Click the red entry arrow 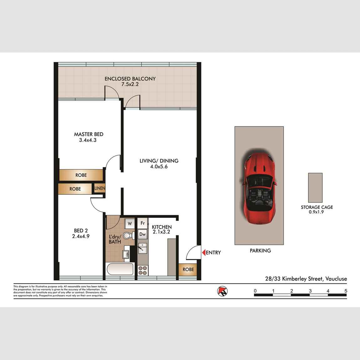203,252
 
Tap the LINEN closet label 100,188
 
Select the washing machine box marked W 130,224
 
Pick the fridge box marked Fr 142,223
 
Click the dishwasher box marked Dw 142,234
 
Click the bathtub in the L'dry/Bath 120,269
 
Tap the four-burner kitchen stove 143,270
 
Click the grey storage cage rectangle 315,188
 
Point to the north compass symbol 222,291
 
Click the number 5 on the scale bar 346,291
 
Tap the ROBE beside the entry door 188,270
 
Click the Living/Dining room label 159,161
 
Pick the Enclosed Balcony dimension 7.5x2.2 130,84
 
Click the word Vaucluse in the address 336,279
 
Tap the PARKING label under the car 260,250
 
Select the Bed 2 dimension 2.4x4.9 81,236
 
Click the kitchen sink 143,248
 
